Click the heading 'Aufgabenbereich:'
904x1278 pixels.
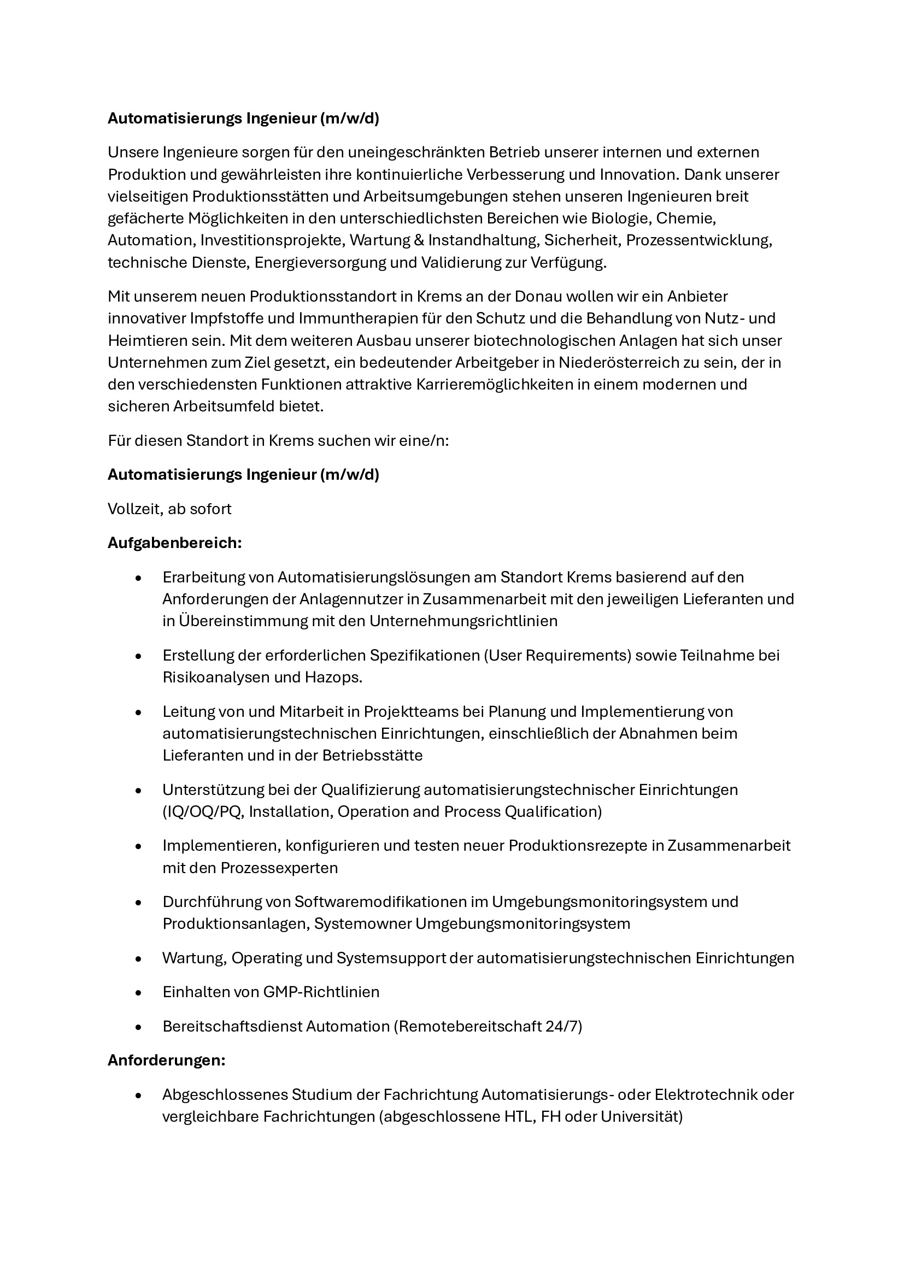pos(174,543)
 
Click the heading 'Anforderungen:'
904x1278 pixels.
pos(166,1061)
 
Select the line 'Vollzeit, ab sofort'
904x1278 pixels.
pos(169,509)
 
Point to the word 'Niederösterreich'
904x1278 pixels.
pos(615,362)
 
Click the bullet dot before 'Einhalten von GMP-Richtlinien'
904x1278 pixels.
pos(139,993)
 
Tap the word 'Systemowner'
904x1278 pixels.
pos(362,924)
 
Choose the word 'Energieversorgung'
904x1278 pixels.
pos(320,263)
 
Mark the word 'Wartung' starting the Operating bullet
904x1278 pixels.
pos(193,958)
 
